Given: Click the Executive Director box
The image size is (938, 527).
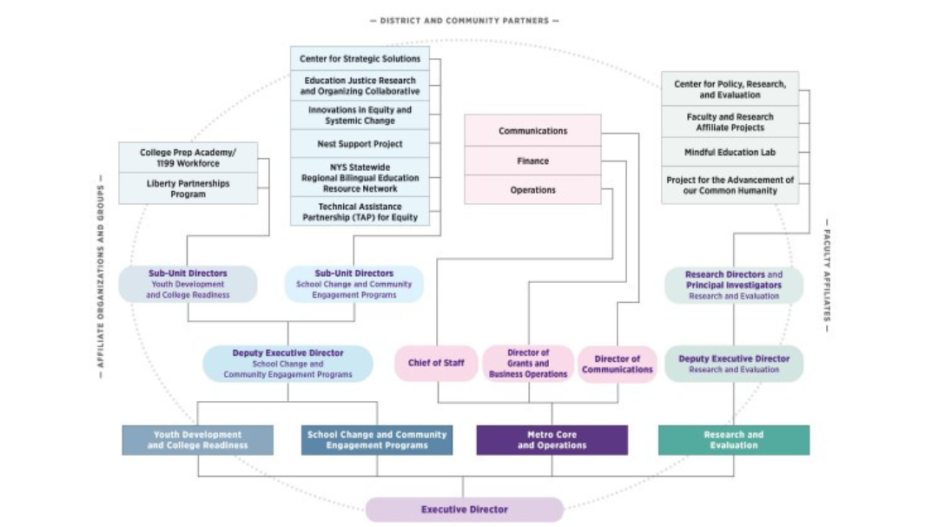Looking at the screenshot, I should (464, 509).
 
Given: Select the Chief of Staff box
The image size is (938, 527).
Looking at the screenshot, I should (436, 363).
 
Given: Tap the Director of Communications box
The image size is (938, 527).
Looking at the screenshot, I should (617, 364).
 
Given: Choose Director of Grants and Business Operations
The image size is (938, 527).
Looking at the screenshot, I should (528, 363).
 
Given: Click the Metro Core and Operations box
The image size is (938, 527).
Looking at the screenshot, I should (552, 440).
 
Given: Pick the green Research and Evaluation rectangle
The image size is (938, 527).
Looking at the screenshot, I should (733, 440).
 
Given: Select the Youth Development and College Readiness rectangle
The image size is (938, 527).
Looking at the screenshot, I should (197, 440).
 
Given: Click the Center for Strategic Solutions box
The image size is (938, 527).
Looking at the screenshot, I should (360, 59).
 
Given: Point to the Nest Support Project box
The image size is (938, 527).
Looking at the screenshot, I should (360, 144).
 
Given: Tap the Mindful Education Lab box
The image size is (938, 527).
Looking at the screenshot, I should (729, 152).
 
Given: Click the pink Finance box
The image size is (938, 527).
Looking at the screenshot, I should (532, 161).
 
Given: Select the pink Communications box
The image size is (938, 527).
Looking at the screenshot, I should (532, 131).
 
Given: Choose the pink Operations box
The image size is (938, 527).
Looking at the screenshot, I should (532, 190).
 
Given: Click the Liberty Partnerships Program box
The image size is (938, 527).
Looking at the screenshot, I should (188, 189).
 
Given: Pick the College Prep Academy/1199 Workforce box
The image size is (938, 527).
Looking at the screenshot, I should (188, 158).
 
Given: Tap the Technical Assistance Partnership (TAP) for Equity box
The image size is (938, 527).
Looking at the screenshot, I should (360, 211).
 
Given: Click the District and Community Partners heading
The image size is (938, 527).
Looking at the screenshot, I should (464, 20).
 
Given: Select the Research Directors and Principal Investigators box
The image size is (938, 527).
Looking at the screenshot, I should (733, 285).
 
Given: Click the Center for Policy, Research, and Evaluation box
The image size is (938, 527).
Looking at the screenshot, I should (729, 89).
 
